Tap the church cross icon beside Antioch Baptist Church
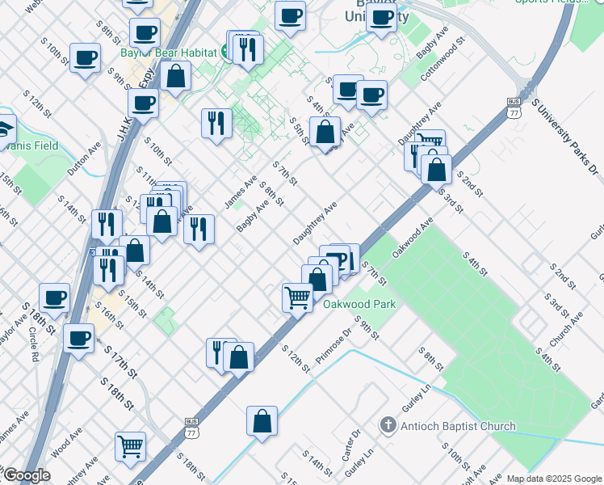(x=388, y=425)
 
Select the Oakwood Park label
(x=359, y=305)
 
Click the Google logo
(x=26, y=475)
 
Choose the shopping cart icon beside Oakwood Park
(x=297, y=298)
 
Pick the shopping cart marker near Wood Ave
(x=130, y=445)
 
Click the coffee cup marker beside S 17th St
(x=79, y=339)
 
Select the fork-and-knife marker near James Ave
(x=216, y=122)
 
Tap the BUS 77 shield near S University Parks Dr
(x=514, y=108)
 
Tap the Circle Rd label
(x=34, y=343)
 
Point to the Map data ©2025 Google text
(x=554, y=479)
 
